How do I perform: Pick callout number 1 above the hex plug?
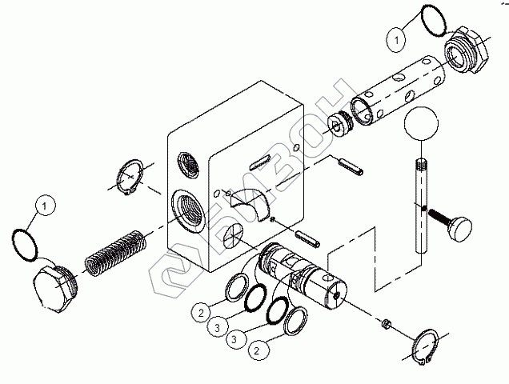[46, 206]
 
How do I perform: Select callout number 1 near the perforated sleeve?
[395, 35]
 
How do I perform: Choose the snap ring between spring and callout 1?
[130, 177]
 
